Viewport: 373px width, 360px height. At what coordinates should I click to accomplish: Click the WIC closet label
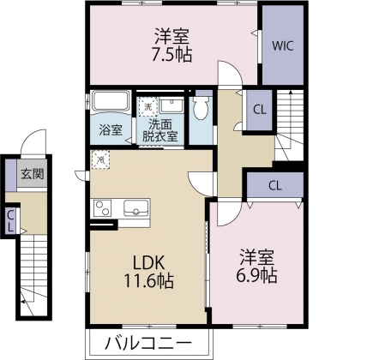click(x=284, y=46)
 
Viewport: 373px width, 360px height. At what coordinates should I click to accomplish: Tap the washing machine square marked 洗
click(x=147, y=107)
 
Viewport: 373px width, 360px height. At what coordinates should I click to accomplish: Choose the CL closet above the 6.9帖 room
click(x=274, y=184)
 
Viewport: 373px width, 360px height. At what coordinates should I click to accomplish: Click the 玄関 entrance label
click(x=33, y=173)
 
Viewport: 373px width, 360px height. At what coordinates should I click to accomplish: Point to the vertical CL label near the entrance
click(x=10, y=221)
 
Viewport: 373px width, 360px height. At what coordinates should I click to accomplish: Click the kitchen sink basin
click(x=137, y=207)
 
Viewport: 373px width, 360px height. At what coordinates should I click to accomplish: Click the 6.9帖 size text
click(x=257, y=276)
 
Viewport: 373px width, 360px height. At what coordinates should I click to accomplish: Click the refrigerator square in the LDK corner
click(x=101, y=159)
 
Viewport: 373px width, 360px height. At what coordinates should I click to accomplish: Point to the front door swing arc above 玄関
click(x=33, y=141)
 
